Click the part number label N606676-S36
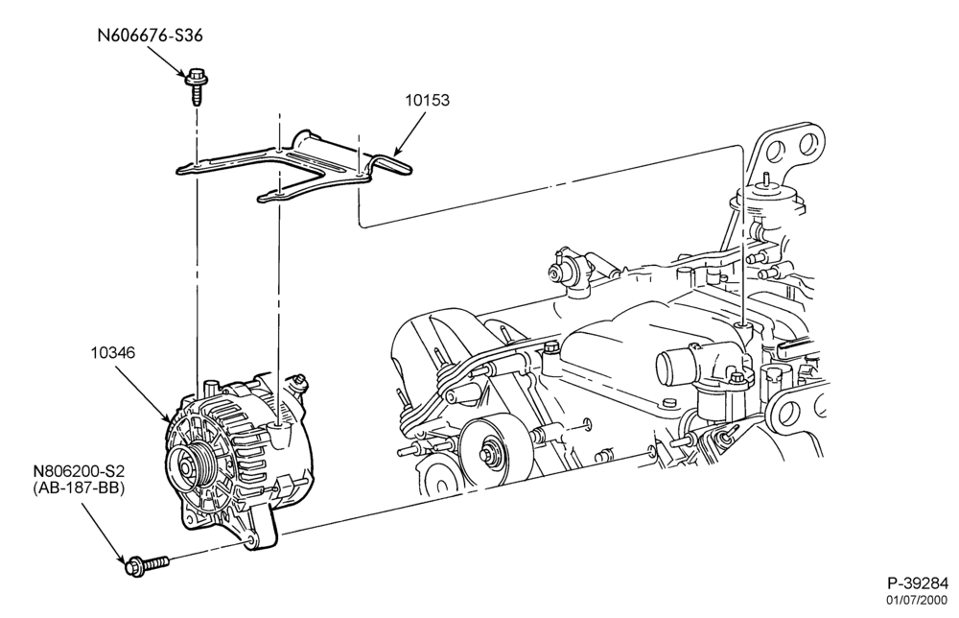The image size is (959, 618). click(150, 36)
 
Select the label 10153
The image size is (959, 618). click(427, 101)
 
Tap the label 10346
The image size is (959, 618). click(113, 353)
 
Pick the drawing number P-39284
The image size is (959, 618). click(918, 582)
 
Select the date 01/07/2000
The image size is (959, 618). click(918, 600)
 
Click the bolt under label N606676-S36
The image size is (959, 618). click(195, 86)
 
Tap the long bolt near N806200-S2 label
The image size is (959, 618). click(146, 564)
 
